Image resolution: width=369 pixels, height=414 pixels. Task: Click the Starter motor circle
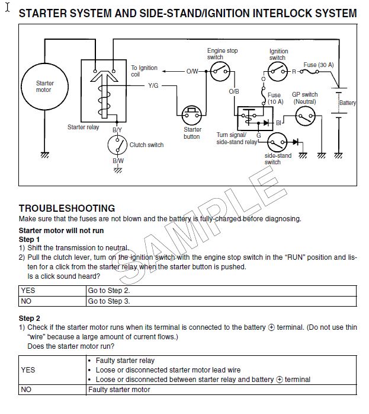click(x=44, y=87)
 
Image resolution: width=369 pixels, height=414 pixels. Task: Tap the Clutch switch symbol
click(x=117, y=145)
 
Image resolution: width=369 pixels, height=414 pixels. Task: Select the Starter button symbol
click(x=192, y=115)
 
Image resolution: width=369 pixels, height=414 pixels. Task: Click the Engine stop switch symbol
click(x=220, y=71)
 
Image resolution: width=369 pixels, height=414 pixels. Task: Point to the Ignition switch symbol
click(x=278, y=72)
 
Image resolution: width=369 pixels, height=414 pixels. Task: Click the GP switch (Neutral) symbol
click(x=305, y=116)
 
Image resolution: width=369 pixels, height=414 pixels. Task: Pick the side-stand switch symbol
click(x=277, y=142)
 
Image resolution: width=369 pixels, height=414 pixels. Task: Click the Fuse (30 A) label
click(x=319, y=65)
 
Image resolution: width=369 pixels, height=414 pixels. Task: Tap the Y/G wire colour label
click(x=153, y=85)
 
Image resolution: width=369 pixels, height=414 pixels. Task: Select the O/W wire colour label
click(x=192, y=71)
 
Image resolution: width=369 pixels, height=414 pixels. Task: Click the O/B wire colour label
click(x=234, y=91)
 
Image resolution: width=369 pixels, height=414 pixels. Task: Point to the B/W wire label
click(x=118, y=161)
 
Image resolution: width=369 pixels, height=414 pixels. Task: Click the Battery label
click(x=348, y=103)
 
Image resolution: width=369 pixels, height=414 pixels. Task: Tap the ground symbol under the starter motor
click(x=45, y=155)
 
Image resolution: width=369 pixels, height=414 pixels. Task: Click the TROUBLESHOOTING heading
click(x=67, y=208)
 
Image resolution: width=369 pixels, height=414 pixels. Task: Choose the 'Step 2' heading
click(x=29, y=318)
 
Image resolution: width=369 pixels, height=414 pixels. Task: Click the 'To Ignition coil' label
click(x=144, y=71)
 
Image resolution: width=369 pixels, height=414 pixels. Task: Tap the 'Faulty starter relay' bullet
click(x=121, y=361)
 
